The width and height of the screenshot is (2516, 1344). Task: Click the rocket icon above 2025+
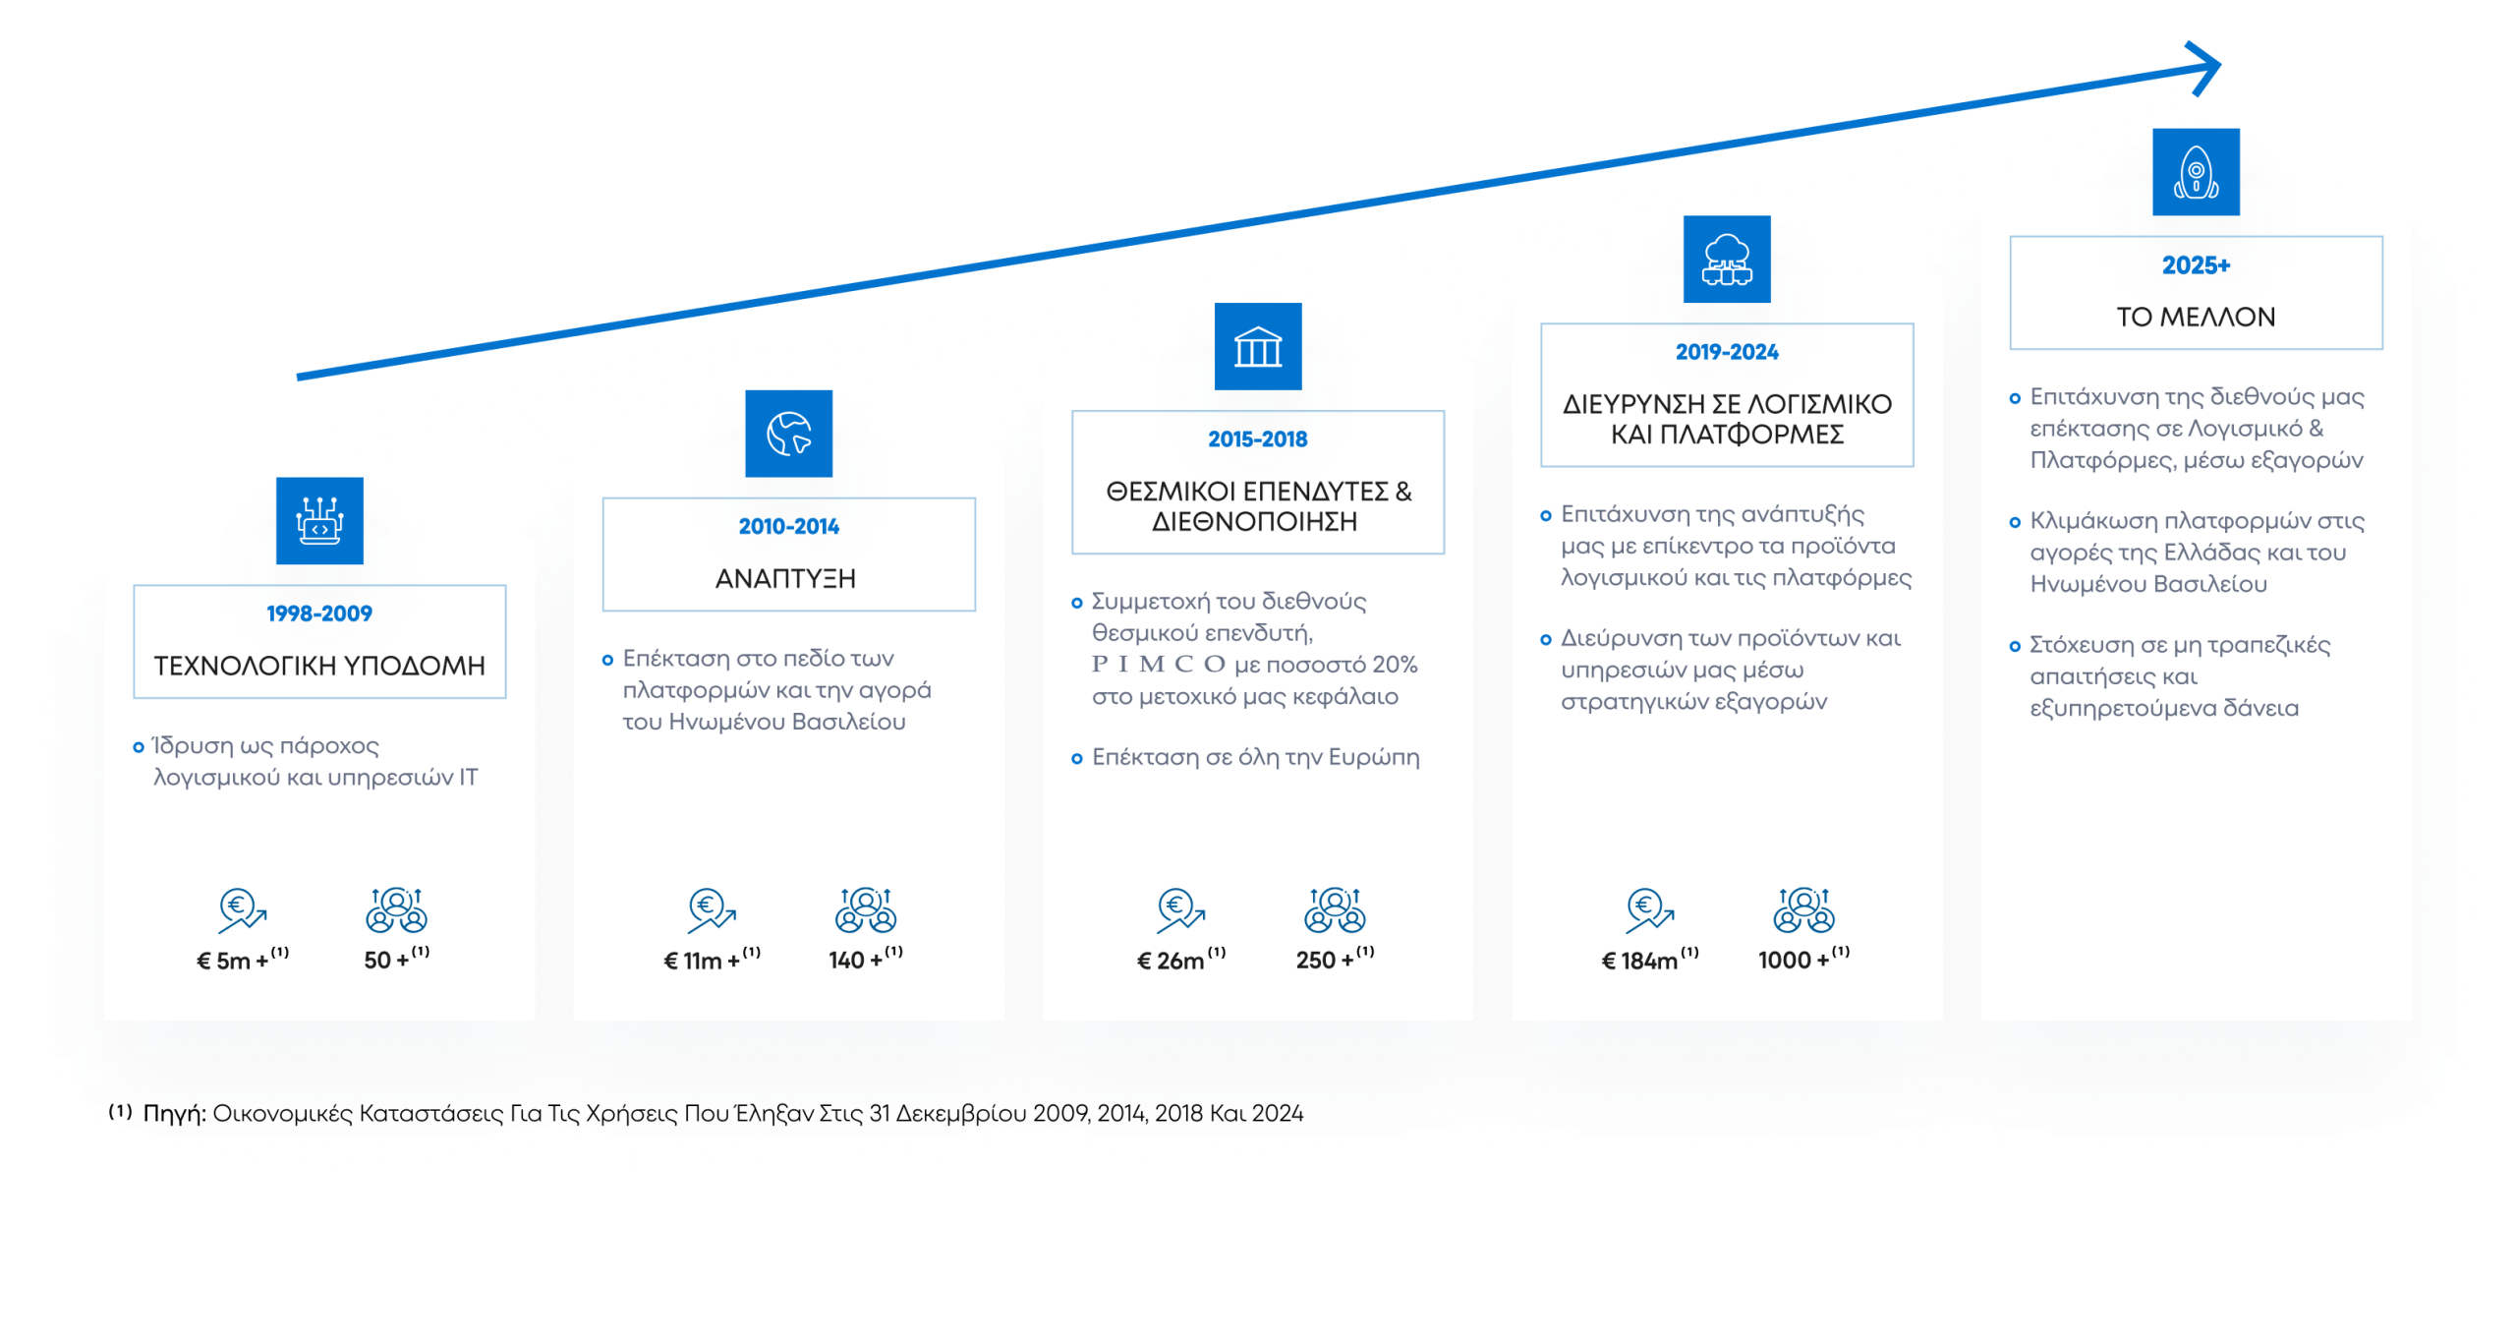pyautogui.click(x=2196, y=172)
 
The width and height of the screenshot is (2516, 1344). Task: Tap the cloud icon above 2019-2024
pyautogui.click(x=1727, y=260)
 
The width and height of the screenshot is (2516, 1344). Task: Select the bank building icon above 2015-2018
pyautogui.click(x=1258, y=346)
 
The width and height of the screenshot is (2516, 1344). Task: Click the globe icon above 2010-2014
pyautogui.click(x=788, y=434)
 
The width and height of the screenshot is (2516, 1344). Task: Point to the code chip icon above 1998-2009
pyautogui.click(x=319, y=521)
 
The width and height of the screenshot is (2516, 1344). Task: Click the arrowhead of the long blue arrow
pyautogui.click(x=2205, y=67)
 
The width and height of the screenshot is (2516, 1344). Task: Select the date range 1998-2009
pyautogui.click(x=319, y=614)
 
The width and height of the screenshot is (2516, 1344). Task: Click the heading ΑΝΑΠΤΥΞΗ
pyautogui.click(x=785, y=579)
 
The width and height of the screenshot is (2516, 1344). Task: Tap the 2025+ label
pyautogui.click(x=2196, y=265)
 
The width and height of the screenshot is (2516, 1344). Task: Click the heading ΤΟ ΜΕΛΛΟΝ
pyautogui.click(x=2196, y=318)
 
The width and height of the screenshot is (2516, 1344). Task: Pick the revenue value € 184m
pyautogui.click(x=1639, y=961)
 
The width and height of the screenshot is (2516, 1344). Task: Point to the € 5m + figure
pyautogui.click(x=233, y=961)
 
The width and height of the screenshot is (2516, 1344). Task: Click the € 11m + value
pyautogui.click(x=702, y=961)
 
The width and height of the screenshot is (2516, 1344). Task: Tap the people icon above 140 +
pyautogui.click(x=866, y=909)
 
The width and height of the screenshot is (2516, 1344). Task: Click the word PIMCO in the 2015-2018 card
pyautogui.click(x=1159, y=665)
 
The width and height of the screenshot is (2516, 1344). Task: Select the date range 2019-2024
pyautogui.click(x=1727, y=352)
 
